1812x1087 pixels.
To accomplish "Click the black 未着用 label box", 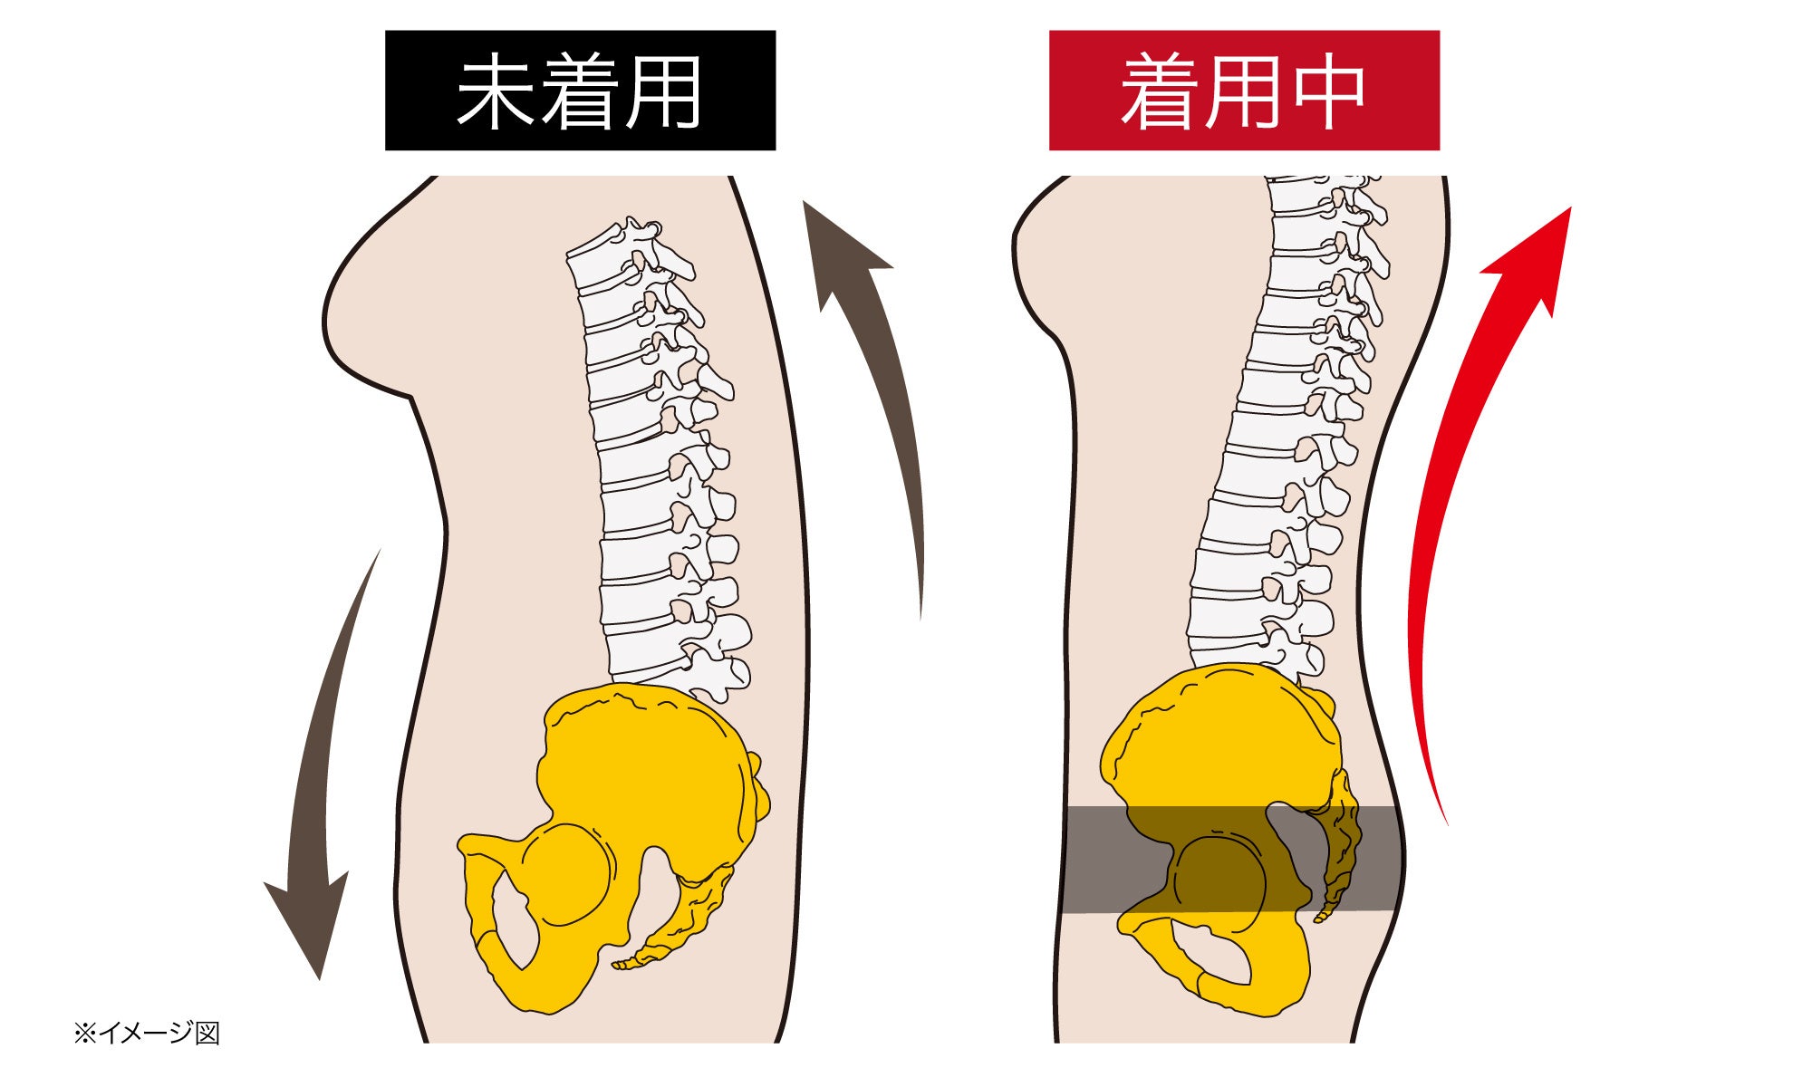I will pos(580,91).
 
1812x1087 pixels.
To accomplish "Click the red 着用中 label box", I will pos(1244,91).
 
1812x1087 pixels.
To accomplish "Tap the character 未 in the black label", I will pos(495,91).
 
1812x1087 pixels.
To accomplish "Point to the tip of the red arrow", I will pos(1567,210).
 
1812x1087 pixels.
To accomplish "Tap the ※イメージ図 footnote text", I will pos(147,1033).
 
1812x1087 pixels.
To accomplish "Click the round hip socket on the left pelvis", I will pos(567,875).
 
